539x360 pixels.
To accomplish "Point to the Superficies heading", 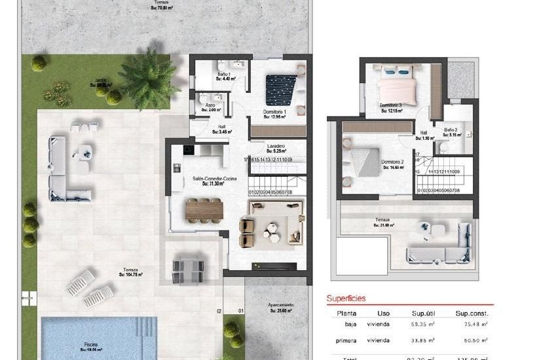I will pyautogui.click(x=347, y=298).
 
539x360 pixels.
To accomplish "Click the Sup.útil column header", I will pyautogui.click(x=424, y=312).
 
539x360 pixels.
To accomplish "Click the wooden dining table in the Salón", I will pyautogui.click(x=204, y=209).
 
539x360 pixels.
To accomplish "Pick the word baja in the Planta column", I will pyautogui.click(x=351, y=323).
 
